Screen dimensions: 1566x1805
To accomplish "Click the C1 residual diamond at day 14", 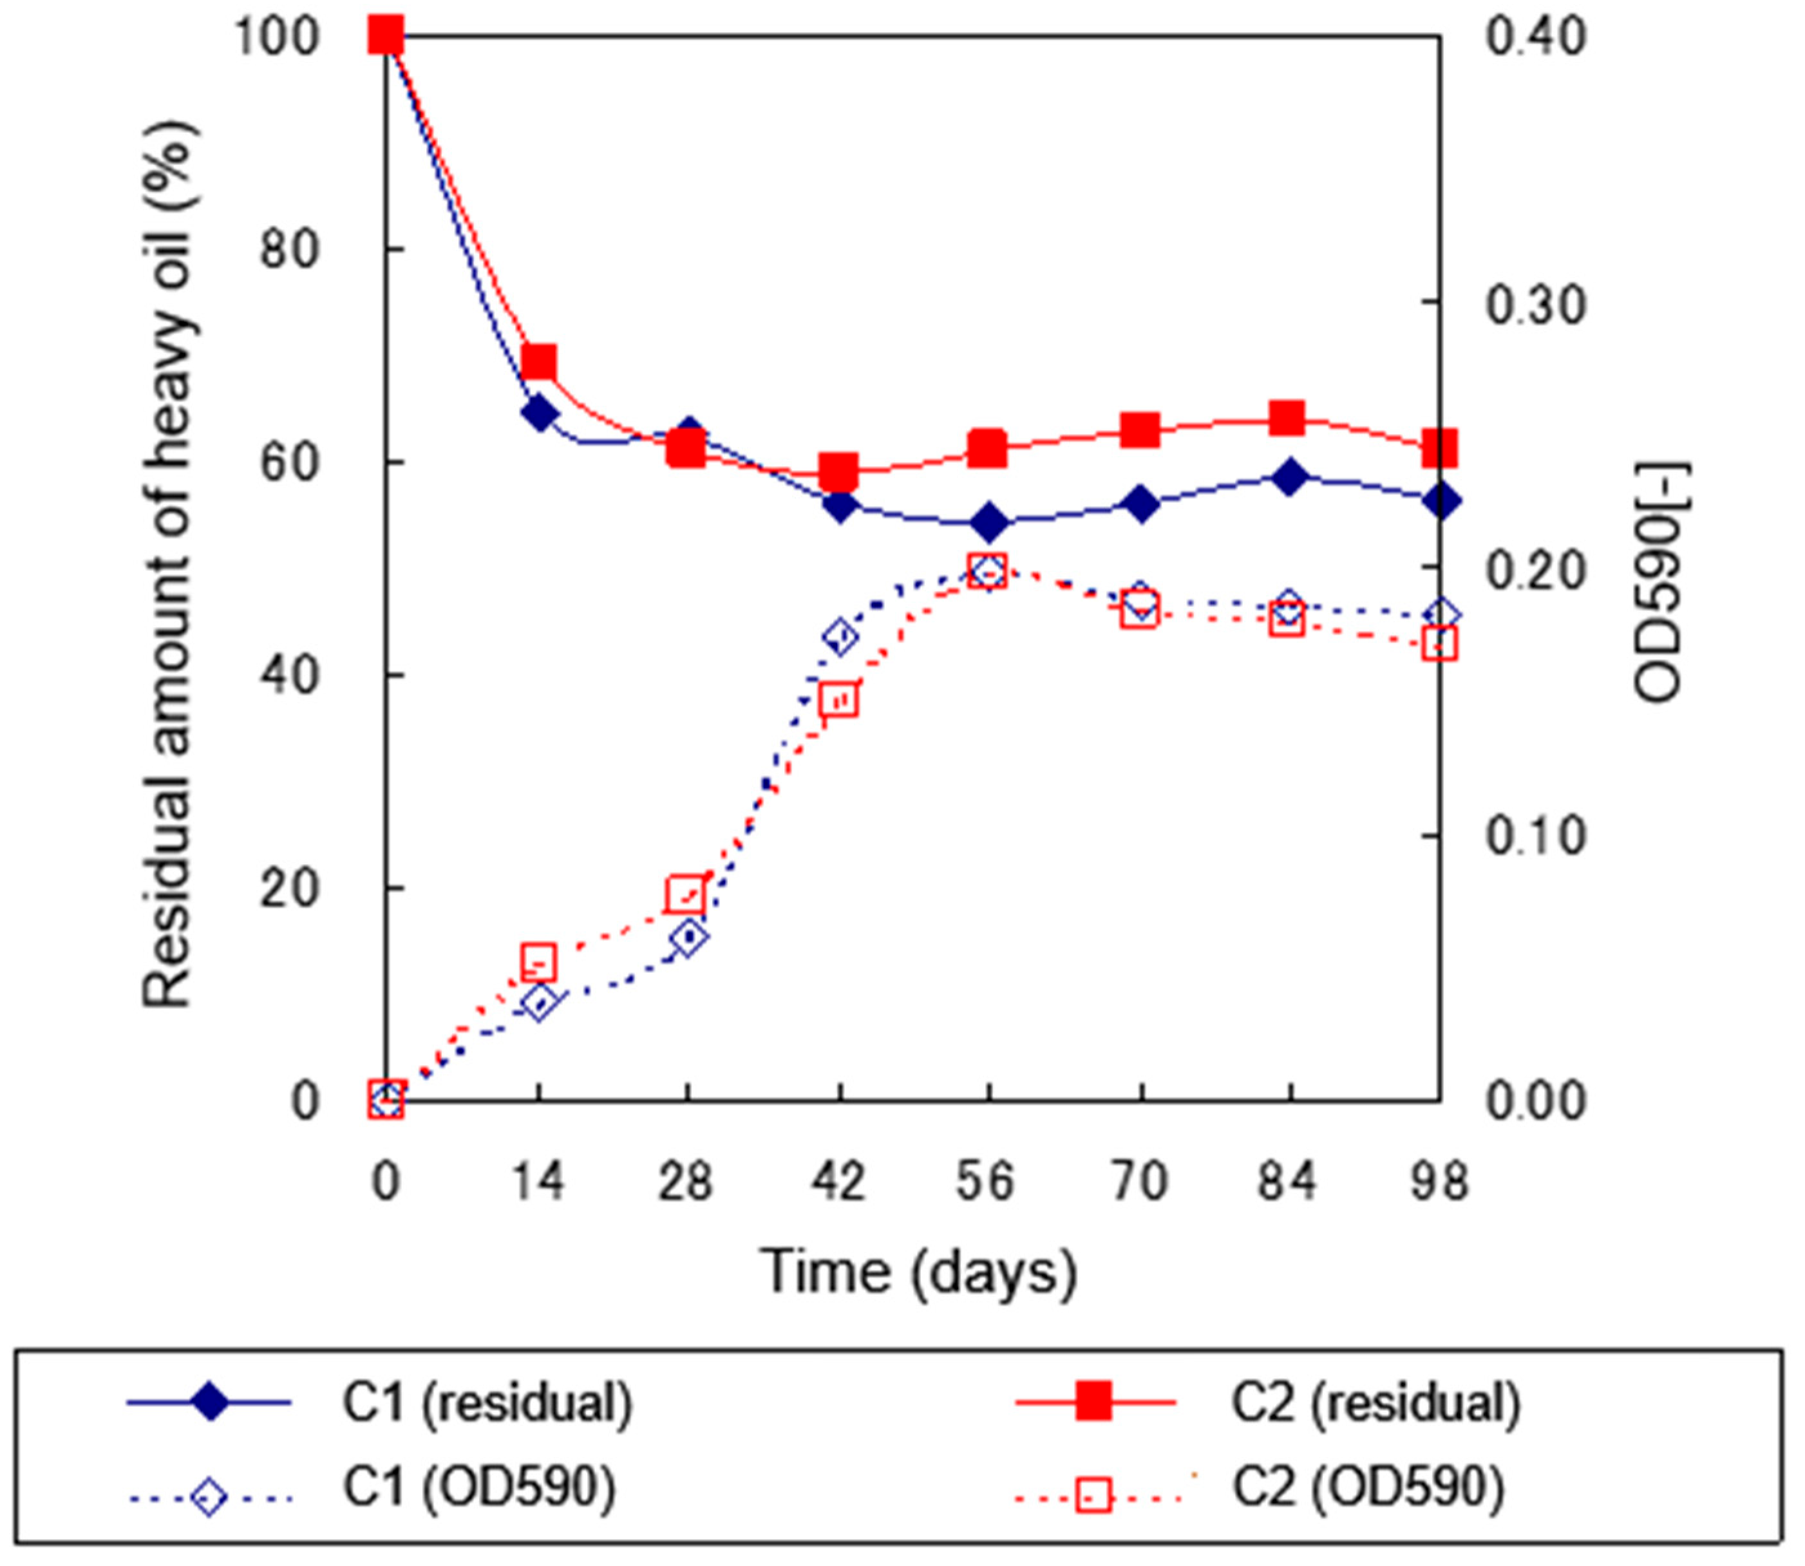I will coord(540,413).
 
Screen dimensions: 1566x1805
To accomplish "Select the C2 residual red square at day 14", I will coord(540,362).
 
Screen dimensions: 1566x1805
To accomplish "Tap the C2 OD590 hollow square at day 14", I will coord(540,962).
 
